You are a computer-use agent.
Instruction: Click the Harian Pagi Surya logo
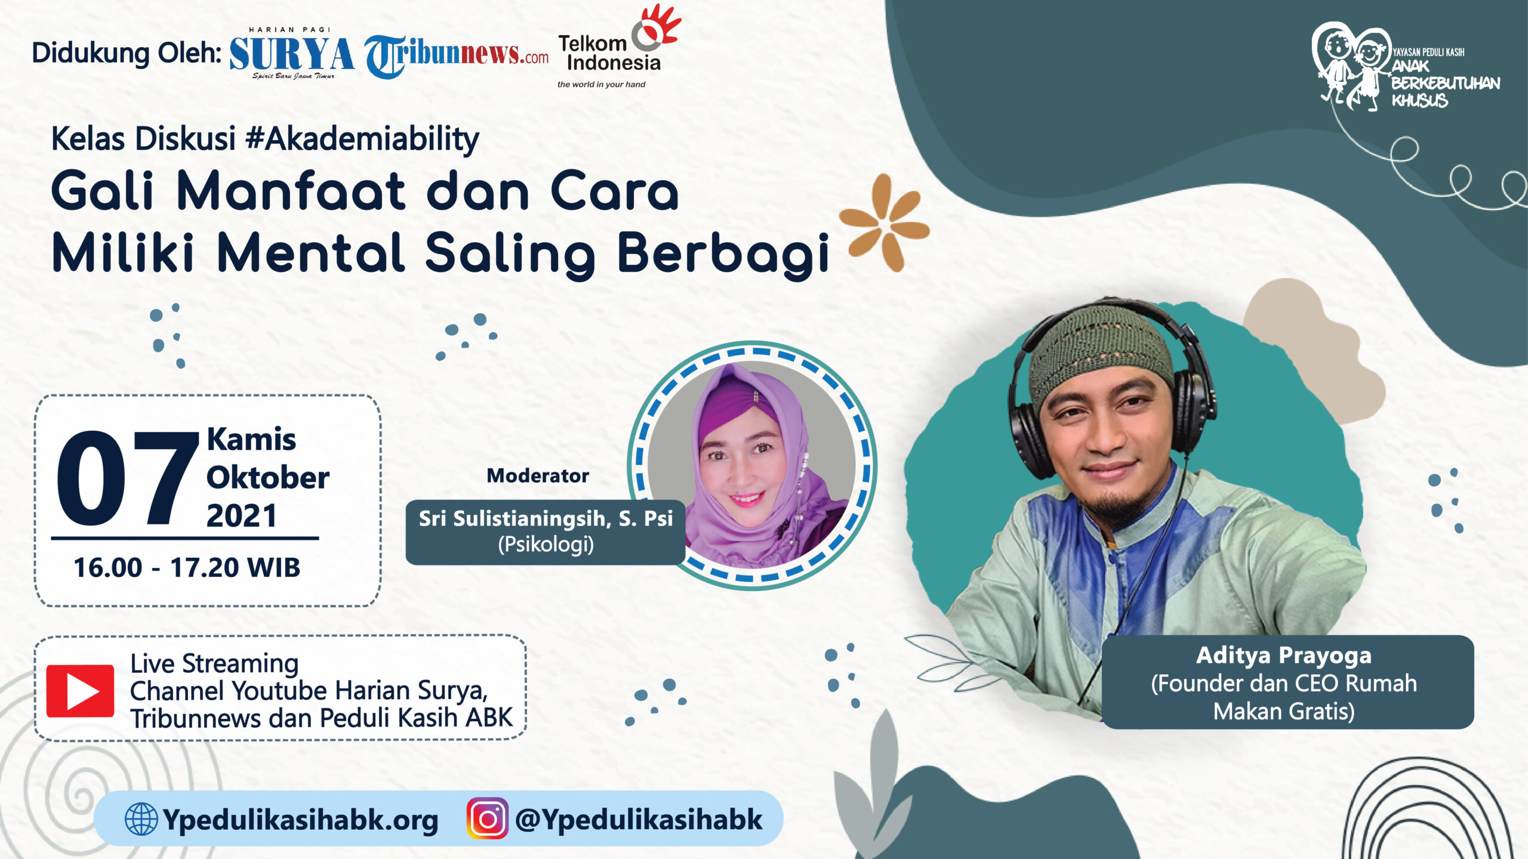pyautogui.click(x=291, y=54)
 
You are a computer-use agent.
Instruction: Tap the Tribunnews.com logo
pyautogui.click(x=457, y=57)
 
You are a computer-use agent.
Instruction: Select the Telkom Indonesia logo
pyautogui.click(x=618, y=48)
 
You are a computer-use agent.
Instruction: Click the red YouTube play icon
pyautogui.click(x=80, y=691)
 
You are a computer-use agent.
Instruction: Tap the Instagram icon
pyautogui.click(x=487, y=818)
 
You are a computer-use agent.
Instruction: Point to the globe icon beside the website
pyautogui.click(x=141, y=818)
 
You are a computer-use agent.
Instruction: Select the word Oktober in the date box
pyautogui.click(x=267, y=478)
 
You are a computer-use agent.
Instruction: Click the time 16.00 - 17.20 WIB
pyautogui.click(x=187, y=567)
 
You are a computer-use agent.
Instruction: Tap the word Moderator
pyautogui.click(x=538, y=475)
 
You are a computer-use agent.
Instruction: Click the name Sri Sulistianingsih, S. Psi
pyautogui.click(x=546, y=518)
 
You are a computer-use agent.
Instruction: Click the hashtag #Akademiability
pyautogui.click(x=362, y=140)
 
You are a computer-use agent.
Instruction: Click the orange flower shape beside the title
pyautogui.click(x=885, y=223)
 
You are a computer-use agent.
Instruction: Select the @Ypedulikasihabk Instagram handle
pyautogui.click(x=638, y=820)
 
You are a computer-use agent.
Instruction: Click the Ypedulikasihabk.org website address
pyautogui.click(x=300, y=820)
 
